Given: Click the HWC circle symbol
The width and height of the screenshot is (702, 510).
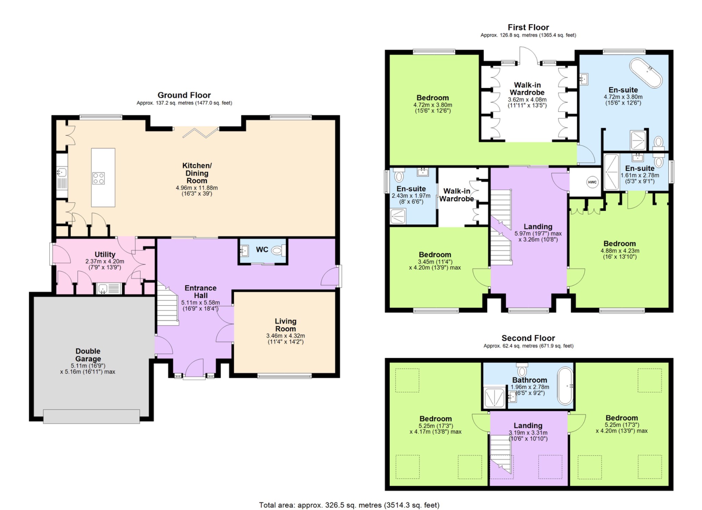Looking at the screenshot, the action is [x=592, y=182].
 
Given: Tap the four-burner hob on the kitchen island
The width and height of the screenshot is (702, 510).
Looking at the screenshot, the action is [x=98, y=178].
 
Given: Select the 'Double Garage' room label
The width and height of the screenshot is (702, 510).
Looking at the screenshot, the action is [x=88, y=355].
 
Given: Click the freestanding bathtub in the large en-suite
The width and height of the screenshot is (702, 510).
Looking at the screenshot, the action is [x=645, y=72].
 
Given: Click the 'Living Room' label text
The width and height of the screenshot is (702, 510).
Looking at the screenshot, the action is [x=286, y=325].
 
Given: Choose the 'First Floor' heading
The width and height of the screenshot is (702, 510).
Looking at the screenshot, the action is [x=528, y=27].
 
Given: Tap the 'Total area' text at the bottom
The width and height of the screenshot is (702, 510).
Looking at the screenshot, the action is [x=349, y=505].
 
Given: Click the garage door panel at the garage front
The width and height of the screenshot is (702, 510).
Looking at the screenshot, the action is [x=92, y=416].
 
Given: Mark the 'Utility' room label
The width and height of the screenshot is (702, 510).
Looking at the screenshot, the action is [x=105, y=254].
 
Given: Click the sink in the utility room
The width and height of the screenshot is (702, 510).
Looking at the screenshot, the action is [x=109, y=289].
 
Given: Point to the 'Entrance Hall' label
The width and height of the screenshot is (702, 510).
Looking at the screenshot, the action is [x=201, y=292].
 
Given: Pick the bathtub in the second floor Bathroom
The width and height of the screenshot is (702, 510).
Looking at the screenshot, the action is [x=565, y=386].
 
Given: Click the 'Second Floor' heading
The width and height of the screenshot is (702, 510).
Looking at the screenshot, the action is [x=528, y=338].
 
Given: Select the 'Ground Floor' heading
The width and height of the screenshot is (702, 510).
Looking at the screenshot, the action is [x=184, y=95].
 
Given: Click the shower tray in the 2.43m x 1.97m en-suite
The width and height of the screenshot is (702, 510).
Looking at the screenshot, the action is [x=398, y=216].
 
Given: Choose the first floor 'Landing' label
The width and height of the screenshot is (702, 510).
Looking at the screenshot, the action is [x=538, y=226].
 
